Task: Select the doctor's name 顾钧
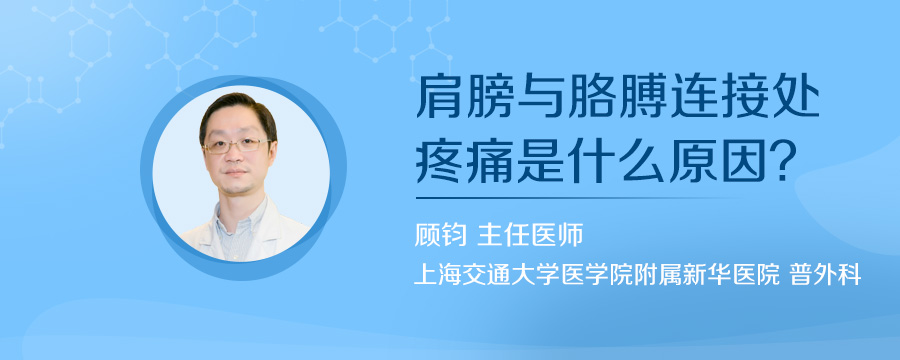(x=440, y=237)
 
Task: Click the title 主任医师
(x=532, y=237)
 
